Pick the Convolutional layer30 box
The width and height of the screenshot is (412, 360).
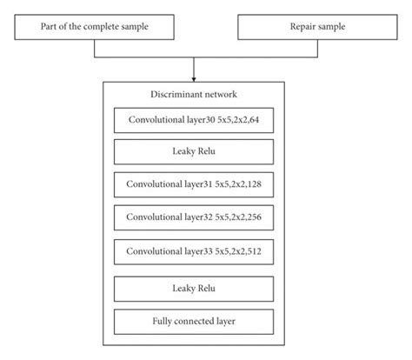(x=193, y=118)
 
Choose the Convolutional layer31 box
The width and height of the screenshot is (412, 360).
(x=193, y=184)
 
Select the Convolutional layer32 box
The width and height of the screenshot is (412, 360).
(x=193, y=217)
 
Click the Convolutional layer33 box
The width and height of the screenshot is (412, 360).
(x=193, y=250)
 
